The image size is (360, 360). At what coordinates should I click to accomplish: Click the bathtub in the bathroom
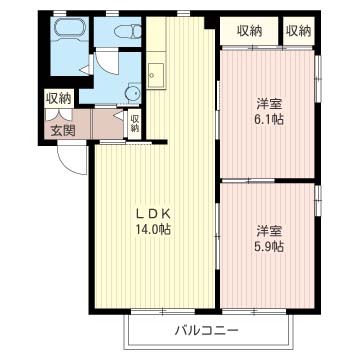coord(70,28)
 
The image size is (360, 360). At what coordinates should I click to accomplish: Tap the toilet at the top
coord(128,32)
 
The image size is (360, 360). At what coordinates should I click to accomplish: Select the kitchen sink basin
coord(156,75)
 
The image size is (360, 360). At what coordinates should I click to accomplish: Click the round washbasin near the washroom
coord(133,94)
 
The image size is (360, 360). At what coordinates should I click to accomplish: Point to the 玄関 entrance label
coord(63,131)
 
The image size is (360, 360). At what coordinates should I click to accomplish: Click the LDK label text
coord(154,214)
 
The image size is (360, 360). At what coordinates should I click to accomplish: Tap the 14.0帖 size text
coord(154,229)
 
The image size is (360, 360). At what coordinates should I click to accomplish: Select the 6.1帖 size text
coord(268,119)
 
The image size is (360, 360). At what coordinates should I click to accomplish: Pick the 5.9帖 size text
coord(268,247)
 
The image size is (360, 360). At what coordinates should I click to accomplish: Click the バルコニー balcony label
coord(207,331)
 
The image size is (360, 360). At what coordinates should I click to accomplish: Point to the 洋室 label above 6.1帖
coord(269,104)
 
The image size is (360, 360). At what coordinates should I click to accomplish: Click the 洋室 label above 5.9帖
coord(269,232)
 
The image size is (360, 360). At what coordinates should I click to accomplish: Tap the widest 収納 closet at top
coord(249,31)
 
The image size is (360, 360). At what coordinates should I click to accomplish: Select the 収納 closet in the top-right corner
coord(299,31)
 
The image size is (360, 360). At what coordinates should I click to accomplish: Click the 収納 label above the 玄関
coord(59,99)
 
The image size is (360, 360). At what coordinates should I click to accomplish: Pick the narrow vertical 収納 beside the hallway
coord(135,123)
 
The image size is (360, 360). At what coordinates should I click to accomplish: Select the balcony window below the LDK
coord(163,312)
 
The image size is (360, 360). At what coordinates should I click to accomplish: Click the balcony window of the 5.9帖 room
coord(254,312)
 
